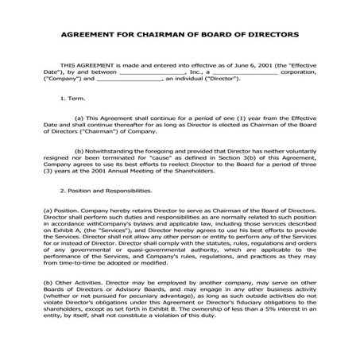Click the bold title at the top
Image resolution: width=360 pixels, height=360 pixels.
[x=180, y=36]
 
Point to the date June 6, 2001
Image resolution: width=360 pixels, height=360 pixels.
[x=229, y=64]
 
